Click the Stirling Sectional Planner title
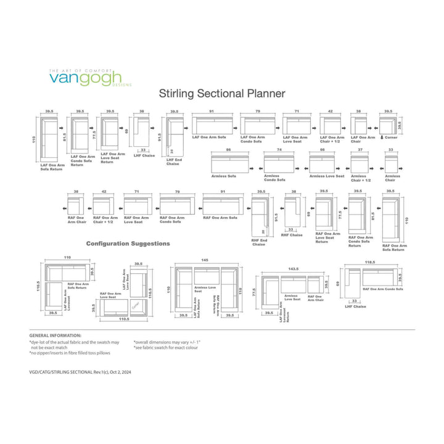[222, 94]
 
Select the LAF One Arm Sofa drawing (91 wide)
[212, 125]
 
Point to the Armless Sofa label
[223, 176]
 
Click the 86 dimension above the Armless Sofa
[228, 150]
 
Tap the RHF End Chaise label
[258, 242]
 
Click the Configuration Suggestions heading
[128, 243]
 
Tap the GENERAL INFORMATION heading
[55, 335]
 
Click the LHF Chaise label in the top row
[144, 155]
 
